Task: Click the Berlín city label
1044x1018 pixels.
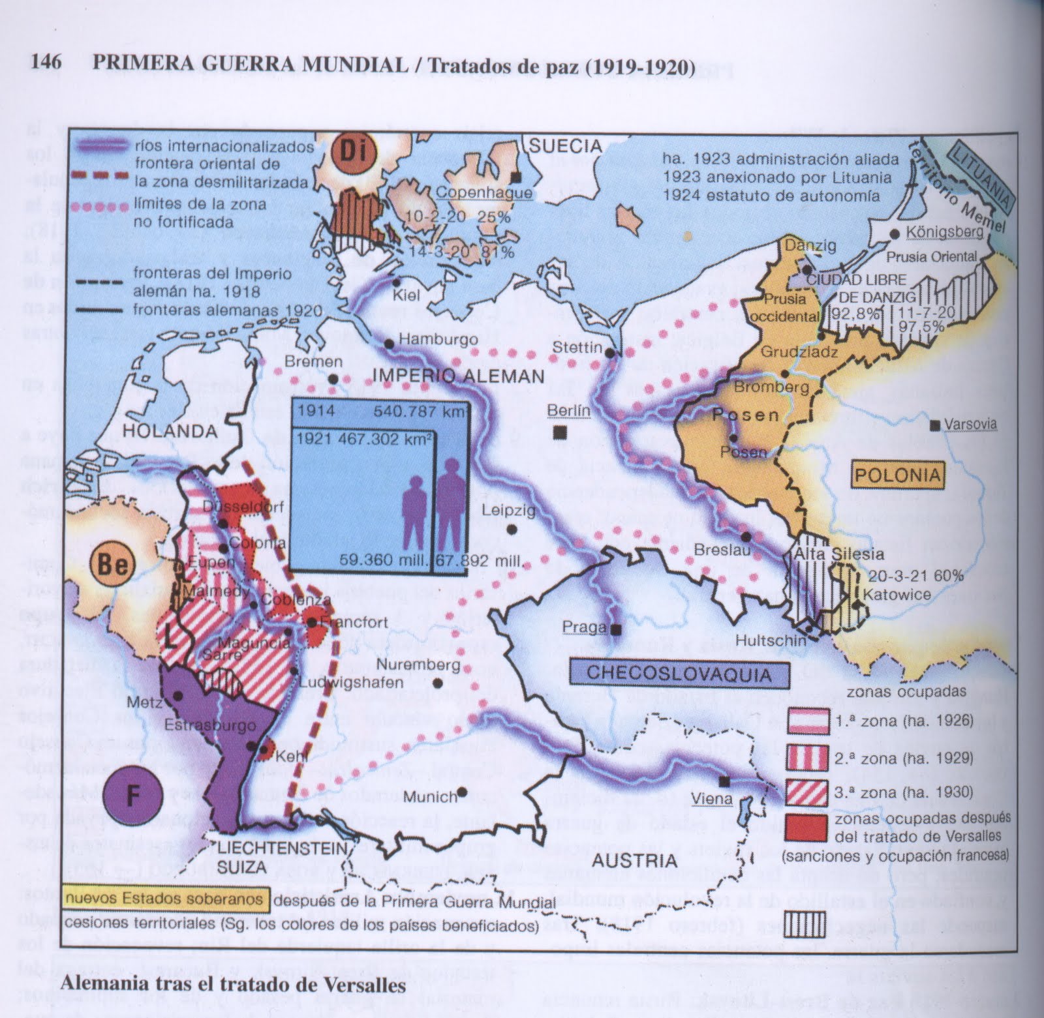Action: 569,410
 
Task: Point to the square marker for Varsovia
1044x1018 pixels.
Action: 935,425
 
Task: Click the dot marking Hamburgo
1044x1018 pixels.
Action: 389,344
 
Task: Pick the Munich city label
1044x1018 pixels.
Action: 430,797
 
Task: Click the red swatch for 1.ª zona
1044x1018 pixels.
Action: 808,723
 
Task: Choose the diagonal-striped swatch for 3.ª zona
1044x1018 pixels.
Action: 808,792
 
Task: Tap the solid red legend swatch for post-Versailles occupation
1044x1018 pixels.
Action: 808,827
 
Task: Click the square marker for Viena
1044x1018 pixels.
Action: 724,781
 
